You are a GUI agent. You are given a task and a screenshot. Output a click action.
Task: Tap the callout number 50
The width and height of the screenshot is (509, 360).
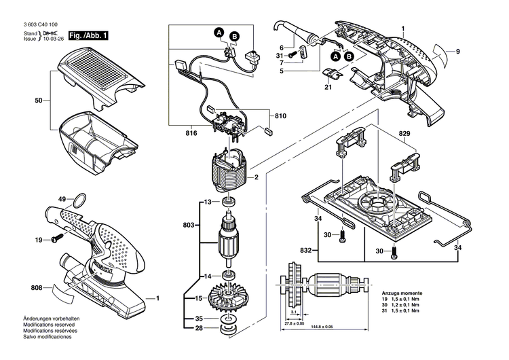pos(39,101)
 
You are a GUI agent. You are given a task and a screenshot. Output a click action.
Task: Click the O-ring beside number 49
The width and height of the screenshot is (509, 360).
pos(79,200)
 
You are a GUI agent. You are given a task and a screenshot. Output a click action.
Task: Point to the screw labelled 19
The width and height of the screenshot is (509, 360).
pos(56,238)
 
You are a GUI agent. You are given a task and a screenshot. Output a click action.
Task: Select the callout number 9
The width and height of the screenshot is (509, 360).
pos(458,53)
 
